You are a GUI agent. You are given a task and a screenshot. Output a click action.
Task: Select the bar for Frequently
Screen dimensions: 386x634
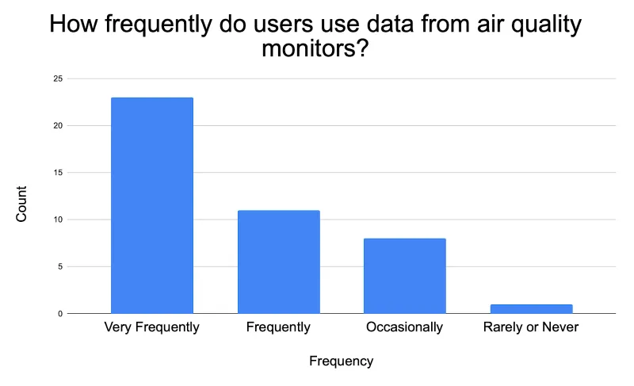(x=278, y=262)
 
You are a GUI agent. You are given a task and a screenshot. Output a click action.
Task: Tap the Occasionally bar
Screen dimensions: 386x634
(x=404, y=275)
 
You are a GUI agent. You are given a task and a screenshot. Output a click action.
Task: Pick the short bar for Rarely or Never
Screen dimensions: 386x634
(x=530, y=308)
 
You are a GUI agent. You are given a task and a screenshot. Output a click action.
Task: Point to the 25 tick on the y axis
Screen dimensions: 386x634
(x=57, y=78)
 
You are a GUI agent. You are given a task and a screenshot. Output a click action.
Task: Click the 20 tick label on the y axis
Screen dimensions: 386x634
(x=57, y=125)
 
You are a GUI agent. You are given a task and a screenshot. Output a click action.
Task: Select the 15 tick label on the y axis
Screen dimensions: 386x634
(x=57, y=172)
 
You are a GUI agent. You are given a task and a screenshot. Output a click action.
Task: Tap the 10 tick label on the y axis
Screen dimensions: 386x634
(x=57, y=220)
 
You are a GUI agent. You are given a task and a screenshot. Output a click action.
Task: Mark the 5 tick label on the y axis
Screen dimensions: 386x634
(x=59, y=266)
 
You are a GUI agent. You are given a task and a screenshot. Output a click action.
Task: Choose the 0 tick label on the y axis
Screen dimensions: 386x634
(x=59, y=314)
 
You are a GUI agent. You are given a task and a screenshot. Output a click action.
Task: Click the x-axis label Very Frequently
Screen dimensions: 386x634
(x=152, y=327)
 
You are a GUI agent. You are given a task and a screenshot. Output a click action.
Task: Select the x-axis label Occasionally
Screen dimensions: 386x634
(x=404, y=327)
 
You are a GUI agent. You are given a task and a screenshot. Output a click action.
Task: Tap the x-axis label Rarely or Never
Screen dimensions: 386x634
(x=530, y=327)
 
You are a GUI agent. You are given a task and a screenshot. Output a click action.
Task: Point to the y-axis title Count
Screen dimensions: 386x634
(x=21, y=204)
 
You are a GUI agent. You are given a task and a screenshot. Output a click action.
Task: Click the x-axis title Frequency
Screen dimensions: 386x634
(x=341, y=361)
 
